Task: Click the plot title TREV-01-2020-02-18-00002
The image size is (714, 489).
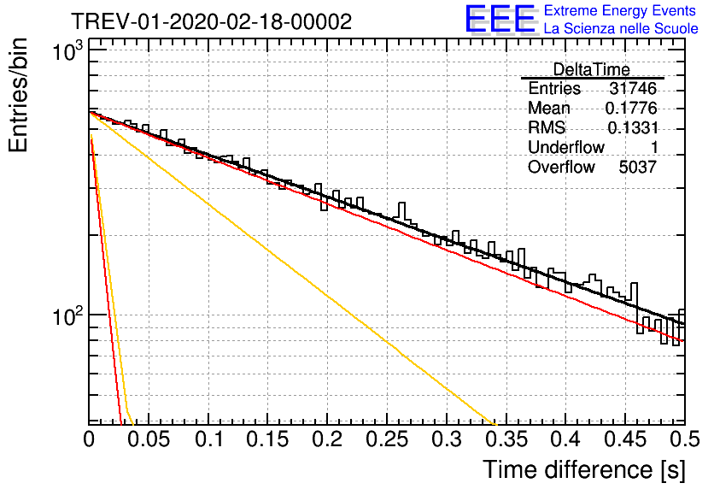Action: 211,21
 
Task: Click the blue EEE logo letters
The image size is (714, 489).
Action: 500,19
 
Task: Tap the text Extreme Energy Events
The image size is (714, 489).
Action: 620,10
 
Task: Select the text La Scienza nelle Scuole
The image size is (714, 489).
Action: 621,28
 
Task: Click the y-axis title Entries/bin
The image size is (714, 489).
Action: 18,95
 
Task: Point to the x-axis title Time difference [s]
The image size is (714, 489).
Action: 584,469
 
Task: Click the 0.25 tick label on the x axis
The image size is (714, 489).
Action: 387,439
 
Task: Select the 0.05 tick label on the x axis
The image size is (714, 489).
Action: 149,439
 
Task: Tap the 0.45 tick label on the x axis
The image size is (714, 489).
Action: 625,439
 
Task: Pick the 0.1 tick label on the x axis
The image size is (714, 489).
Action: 209,439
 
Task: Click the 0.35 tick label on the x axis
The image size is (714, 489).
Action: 506,439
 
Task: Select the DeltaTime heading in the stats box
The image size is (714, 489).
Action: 592,69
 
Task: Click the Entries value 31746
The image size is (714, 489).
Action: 633,88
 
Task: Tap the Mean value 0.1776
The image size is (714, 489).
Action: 631,108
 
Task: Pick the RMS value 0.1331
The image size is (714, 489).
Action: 633,127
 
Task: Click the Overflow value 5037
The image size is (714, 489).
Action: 637,168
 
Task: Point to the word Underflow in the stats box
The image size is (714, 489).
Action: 566,147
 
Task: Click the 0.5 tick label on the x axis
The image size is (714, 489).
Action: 685,439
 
